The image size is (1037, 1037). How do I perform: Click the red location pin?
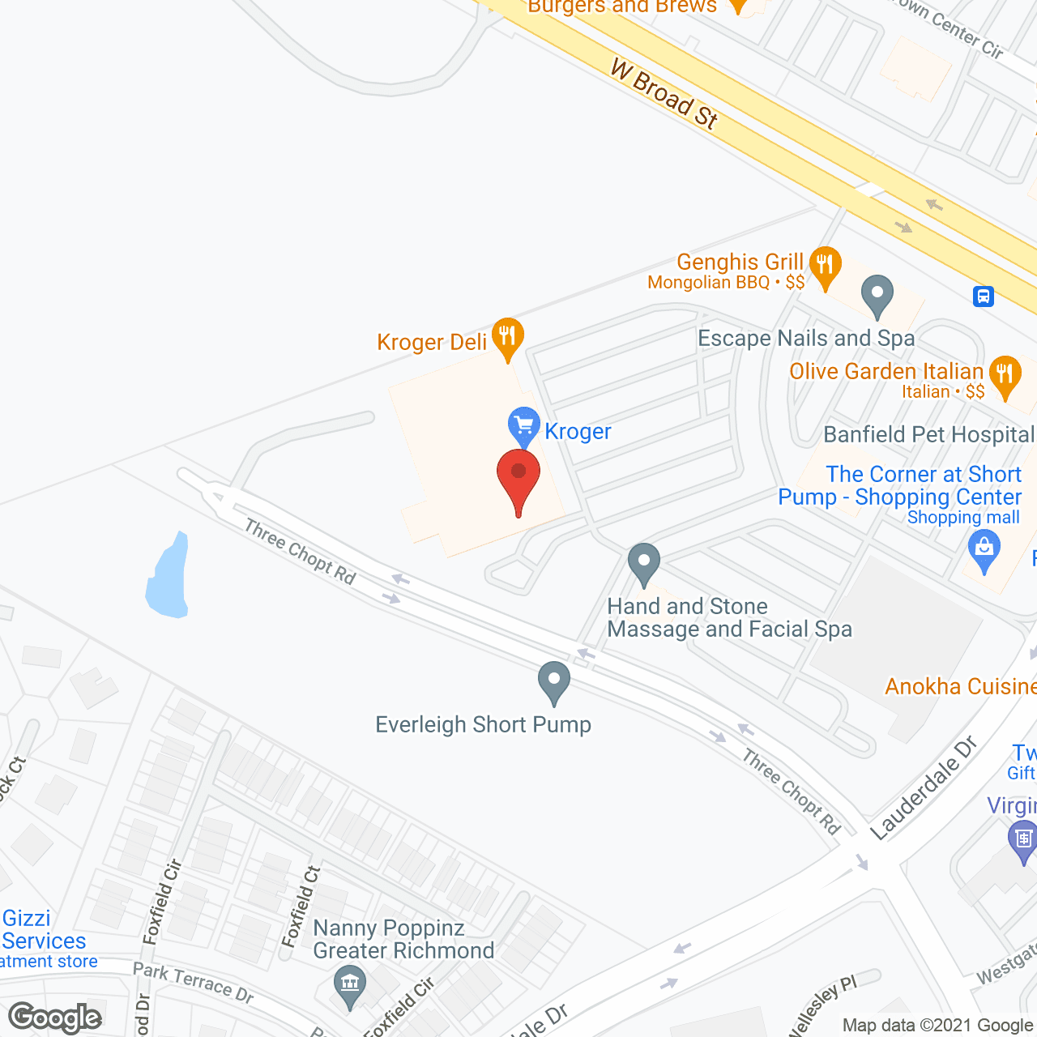point(518,478)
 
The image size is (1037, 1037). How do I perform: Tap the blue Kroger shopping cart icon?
point(523,425)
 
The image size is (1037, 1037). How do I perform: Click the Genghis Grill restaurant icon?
point(825,266)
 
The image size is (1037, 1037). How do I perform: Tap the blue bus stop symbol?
point(984,296)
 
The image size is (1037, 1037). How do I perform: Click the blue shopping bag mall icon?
point(984,549)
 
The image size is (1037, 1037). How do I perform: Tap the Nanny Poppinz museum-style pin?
point(350,986)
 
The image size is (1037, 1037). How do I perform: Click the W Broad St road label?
point(664,93)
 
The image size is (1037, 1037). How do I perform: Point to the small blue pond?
point(168,578)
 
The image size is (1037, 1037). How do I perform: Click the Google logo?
point(55,1018)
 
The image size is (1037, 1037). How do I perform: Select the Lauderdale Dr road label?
point(924,787)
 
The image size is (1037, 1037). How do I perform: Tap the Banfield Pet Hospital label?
point(928,435)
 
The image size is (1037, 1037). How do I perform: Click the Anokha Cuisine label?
point(960,687)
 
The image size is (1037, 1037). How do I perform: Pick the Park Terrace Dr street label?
point(193,981)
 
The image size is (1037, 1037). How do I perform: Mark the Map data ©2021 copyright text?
point(938,1025)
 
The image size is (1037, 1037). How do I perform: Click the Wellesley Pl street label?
point(823,1005)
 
